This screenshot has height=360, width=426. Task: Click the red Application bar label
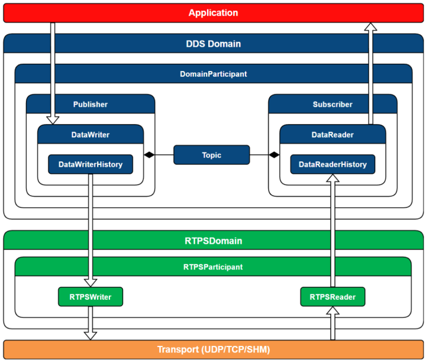pyautogui.click(x=213, y=13)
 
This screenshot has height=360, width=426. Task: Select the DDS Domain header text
pyautogui.click(x=213, y=44)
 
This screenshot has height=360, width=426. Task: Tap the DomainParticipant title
pyautogui.click(x=213, y=74)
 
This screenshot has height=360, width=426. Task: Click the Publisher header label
pyautogui.click(x=91, y=104)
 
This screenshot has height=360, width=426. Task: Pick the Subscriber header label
pyautogui.click(x=333, y=104)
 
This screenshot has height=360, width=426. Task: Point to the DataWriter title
pyautogui.click(x=91, y=135)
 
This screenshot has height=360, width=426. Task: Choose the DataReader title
pyautogui.click(x=333, y=135)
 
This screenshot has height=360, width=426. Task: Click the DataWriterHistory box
pyautogui.click(x=91, y=164)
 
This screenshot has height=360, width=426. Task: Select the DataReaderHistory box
pyautogui.click(x=333, y=164)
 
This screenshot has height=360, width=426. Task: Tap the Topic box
pyautogui.click(x=212, y=155)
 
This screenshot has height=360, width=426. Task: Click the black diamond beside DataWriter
pyautogui.click(x=149, y=155)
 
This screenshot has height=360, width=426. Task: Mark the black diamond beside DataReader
pyautogui.click(x=274, y=155)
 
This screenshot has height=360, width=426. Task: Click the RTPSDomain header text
pyautogui.click(x=213, y=241)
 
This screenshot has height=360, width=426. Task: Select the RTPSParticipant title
pyautogui.click(x=213, y=267)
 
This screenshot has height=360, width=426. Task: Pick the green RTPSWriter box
pyautogui.click(x=91, y=297)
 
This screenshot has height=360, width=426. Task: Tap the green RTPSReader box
pyautogui.click(x=333, y=297)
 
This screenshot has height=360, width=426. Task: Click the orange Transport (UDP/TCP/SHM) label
pyautogui.click(x=213, y=349)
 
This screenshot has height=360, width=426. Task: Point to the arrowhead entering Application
pyautogui.click(x=370, y=27)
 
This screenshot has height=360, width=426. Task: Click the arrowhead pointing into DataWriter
pyautogui.click(x=53, y=121)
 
